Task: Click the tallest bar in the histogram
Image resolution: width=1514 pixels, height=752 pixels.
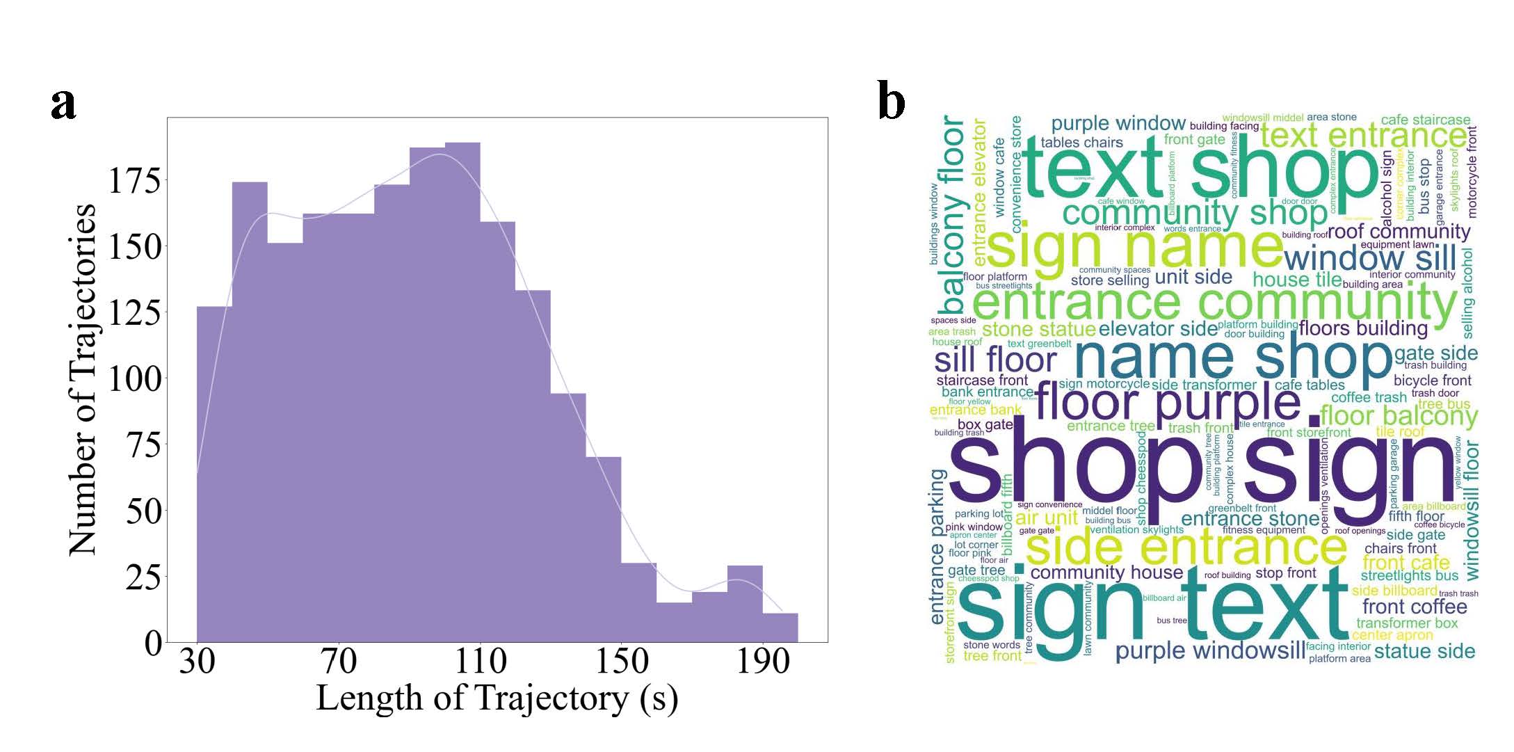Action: pos(462,390)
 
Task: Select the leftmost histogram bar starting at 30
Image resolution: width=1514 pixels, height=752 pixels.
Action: pos(214,473)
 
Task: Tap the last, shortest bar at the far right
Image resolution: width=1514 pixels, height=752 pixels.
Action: pos(780,627)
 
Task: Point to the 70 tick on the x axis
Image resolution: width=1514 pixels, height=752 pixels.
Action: pos(339,660)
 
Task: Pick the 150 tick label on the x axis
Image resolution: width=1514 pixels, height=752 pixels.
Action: pos(622,660)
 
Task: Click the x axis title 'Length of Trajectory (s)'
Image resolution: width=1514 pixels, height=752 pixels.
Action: pos(497,698)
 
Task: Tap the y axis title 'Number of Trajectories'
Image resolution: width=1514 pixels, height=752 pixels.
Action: pos(82,379)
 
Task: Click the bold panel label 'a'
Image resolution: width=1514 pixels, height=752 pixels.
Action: pos(63,104)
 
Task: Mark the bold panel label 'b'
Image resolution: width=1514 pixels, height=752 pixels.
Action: pos(892,102)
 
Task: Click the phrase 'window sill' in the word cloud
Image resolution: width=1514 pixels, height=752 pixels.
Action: pos(1369,258)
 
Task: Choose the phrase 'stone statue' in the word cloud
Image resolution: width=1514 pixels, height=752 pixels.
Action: pos(1038,328)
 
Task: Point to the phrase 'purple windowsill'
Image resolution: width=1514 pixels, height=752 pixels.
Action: pos(1209,651)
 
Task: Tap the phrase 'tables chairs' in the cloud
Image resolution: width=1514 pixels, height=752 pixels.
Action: pos(1081,143)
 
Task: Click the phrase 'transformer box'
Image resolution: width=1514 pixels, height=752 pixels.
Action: pos(1406,623)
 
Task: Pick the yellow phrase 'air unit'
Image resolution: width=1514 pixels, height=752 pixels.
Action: pos(1046,518)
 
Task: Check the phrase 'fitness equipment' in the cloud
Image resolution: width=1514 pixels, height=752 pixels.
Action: pos(1264,530)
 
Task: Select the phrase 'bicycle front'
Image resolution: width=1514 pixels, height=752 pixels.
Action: pos(1432,381)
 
